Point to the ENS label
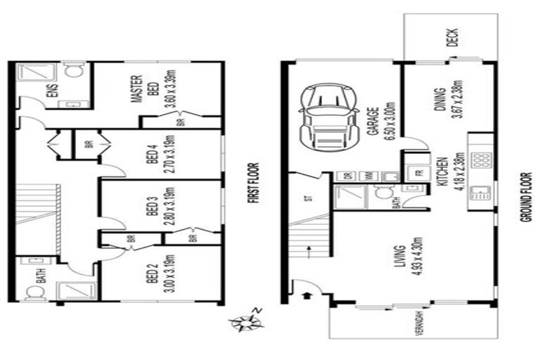click(x=51, y=92)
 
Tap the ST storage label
click(x=307, y=198)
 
